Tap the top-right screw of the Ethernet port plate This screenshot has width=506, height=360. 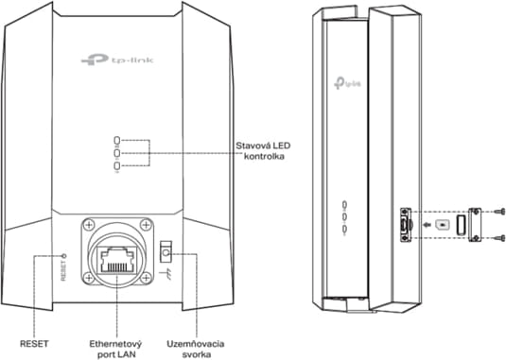(145, 225)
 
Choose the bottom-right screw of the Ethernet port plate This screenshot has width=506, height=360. (145, 283)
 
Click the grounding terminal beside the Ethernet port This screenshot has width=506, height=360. (166, 252)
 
